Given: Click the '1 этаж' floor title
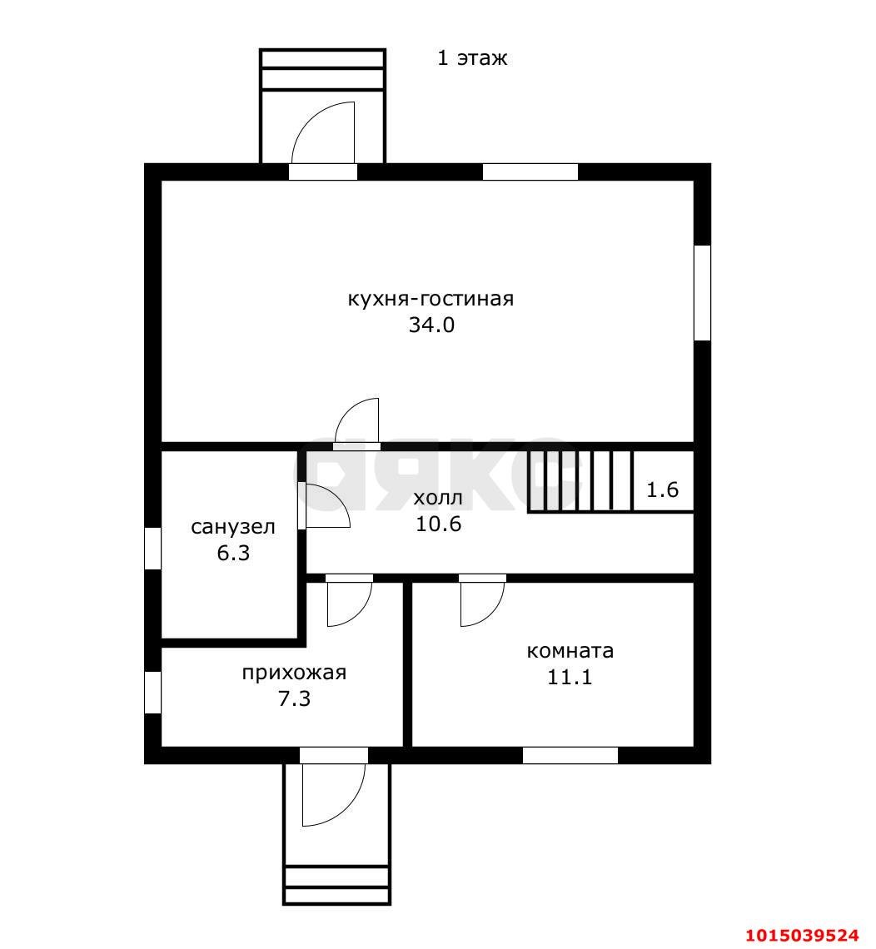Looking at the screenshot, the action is coord(472,58).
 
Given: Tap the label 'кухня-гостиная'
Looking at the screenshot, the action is coord(431,299).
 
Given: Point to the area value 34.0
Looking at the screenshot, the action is coord(431,325).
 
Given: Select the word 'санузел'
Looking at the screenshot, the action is coord(233,527).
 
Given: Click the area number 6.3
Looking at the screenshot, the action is coord(233,554).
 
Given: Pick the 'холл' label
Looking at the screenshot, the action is coord(438,498).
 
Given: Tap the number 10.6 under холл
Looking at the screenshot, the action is coord(438,524).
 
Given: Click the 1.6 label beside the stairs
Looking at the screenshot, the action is coord(662,489).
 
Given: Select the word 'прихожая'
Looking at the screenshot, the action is coord(294,673).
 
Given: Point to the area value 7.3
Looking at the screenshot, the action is coord(294,699).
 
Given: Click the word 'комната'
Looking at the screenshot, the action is coord(570,651).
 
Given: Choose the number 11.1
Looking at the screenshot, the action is coord(570,677).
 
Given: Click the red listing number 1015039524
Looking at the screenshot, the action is coord(802,935).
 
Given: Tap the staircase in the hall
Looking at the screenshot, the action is coord(580,482).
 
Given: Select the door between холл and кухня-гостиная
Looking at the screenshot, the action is coord(356,425).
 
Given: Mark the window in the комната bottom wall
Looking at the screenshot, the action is coord(570,755).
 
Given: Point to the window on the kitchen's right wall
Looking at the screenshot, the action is coord(702,293).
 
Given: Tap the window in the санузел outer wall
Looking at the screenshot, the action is coord(152,549).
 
